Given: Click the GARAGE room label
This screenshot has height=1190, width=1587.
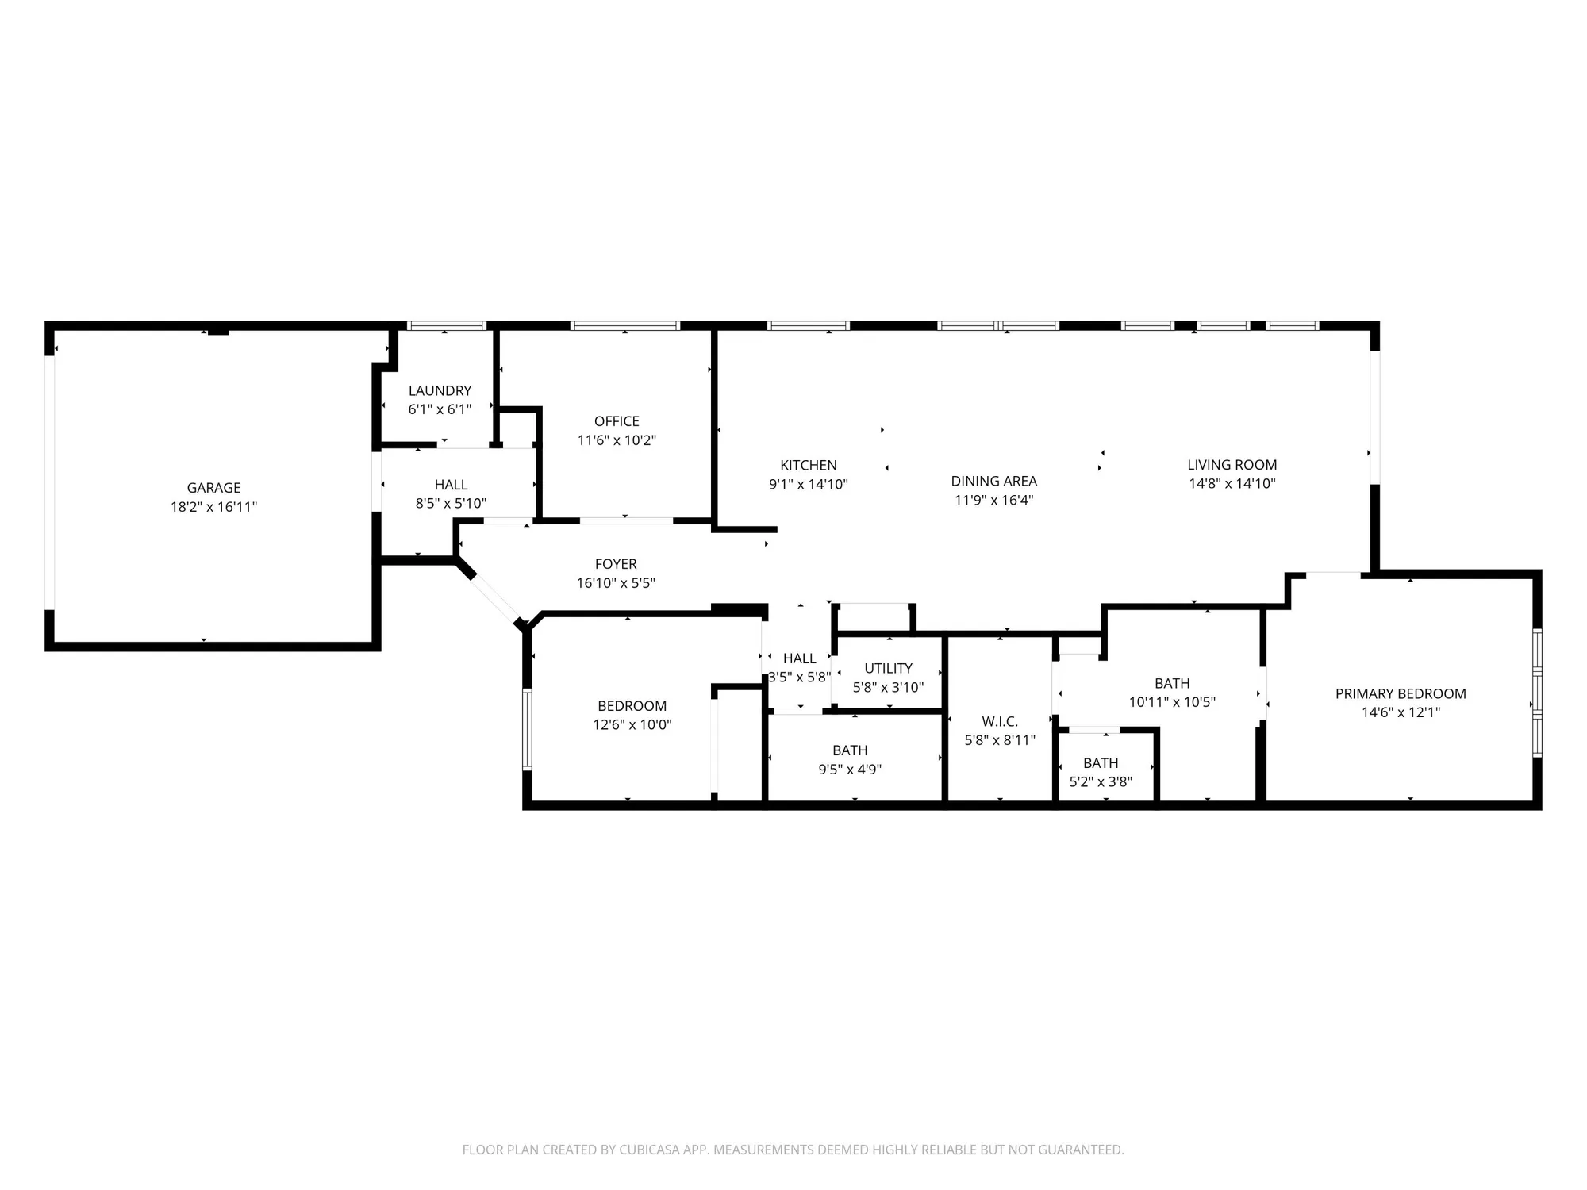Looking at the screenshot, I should point(213,488).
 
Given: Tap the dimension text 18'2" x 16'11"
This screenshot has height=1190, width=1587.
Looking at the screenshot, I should point(213,507).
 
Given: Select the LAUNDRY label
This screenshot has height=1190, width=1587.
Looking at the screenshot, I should point(440,390).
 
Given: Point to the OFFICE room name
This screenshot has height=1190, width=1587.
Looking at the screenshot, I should point(617,421).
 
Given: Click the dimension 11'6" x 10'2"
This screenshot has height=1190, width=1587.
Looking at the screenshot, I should point(617,440).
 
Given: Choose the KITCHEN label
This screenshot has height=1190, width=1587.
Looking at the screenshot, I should point(808,465).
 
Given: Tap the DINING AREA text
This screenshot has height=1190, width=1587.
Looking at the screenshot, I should point(993,481).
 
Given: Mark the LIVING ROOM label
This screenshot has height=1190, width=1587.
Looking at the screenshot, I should point(1232,465).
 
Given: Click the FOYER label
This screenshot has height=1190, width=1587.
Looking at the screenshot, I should point(616,564).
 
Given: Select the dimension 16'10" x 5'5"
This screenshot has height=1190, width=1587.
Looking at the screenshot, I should point(616,583).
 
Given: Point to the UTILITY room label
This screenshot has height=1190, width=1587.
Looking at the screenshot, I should point(888,668).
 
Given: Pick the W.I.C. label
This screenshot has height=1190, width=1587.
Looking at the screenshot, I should point(1000,721).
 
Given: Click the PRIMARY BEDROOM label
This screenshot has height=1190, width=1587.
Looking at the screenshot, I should point(1400,693).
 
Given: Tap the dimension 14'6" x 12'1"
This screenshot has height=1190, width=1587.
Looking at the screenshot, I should point(1400,712).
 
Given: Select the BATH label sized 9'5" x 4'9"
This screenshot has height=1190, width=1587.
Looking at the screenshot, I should point(850,750).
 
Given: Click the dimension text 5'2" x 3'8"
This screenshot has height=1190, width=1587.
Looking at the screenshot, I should point(1100,781).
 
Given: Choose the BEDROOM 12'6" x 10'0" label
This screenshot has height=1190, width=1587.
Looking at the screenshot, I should point(632,706).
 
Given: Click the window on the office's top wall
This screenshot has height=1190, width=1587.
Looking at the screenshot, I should point(625,325).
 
